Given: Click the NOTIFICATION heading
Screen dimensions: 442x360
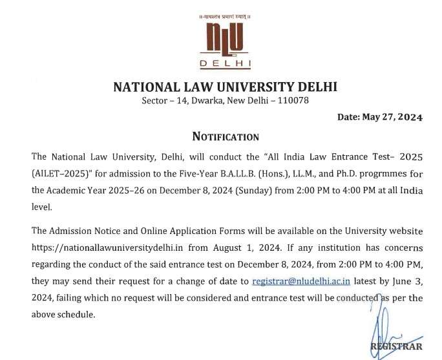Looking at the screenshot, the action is [x=226, y=136].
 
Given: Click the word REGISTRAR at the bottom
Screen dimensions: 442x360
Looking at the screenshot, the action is [x=395, y=346].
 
